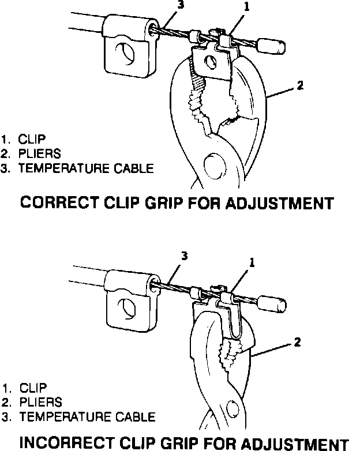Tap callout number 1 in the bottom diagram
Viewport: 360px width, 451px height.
[252, 261]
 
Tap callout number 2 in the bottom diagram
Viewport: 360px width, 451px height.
[297, 342]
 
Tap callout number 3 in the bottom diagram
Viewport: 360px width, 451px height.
[185, 256]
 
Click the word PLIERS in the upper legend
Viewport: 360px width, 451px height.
[41, 155]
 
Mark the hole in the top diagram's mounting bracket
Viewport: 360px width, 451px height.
[125, 55]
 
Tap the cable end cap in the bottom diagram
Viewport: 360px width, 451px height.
[271, 301]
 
